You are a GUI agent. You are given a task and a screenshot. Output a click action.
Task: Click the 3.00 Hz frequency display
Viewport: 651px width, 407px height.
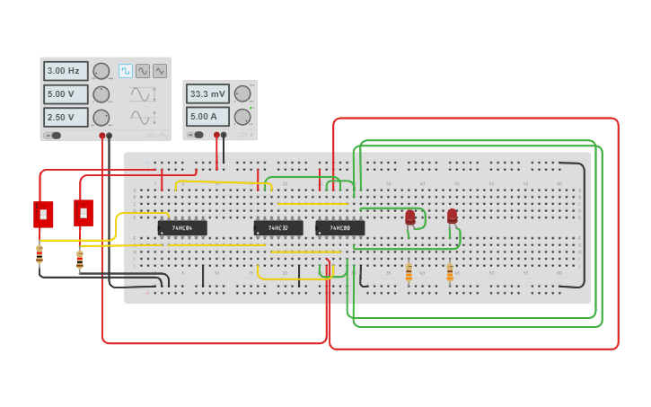[66, 71]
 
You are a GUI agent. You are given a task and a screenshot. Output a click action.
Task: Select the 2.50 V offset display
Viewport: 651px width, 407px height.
[66, 118]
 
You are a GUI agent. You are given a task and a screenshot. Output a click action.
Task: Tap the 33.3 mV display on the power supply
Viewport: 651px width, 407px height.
[207, 93]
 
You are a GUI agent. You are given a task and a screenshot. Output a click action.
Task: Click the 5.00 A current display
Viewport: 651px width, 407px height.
[207, 116]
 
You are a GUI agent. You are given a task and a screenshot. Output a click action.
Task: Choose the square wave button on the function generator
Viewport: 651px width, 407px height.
[126, 71]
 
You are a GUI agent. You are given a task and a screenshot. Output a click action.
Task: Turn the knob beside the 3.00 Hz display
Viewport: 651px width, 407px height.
[101, 71]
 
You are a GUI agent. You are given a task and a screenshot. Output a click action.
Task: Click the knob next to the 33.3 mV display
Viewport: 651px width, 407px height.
[242, 93]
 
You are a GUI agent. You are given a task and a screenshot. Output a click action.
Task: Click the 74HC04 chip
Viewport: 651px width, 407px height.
[182, 228]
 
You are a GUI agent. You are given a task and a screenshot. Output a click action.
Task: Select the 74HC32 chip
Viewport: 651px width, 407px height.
[277, 228]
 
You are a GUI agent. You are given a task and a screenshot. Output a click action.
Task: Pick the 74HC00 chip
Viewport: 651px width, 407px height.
[339, 228]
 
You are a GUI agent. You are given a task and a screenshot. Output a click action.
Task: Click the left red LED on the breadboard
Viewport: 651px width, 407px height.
[410, 217]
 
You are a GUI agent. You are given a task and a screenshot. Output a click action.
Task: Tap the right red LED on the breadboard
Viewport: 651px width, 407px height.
[452, 217]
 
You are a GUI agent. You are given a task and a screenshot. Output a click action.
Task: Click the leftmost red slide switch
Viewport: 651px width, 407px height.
[43, 214]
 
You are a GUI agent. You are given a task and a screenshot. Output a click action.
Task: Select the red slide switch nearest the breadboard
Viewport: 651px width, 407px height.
[84, 213]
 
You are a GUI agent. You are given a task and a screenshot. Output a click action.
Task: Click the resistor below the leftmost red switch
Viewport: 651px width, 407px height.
[40, 254]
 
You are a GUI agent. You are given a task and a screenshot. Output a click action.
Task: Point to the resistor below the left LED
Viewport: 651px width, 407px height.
[409, 271]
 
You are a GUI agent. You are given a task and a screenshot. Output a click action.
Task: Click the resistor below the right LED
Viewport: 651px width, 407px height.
[450, 272]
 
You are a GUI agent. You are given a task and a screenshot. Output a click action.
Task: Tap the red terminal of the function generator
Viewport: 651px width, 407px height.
[102, 136]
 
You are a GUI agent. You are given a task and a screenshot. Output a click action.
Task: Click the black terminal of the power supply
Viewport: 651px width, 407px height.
[224, 135]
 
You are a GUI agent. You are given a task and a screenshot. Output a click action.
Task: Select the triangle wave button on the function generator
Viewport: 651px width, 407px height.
[160, 71]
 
